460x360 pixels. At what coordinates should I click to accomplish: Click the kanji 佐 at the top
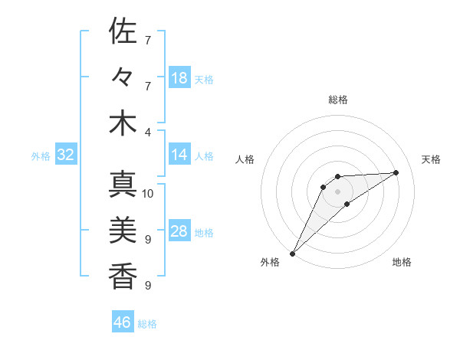click(x=123, y=32)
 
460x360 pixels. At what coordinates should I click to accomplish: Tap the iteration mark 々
click(x=123, y=77)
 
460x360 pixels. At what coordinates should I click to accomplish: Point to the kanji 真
click(x=123, y=185)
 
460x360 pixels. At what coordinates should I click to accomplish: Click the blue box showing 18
click(x=179, y=78)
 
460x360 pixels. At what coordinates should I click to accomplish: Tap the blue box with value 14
click(x=179, y=155)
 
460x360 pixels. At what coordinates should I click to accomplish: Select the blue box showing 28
click(x=179, y=231)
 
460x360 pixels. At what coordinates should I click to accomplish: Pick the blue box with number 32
click(x=65, y=155)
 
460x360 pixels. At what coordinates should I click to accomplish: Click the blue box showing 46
click(x=123, y=322)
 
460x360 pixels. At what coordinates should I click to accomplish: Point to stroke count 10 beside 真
click(x=148, y=193)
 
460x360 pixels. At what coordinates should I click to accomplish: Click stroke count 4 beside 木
click(x=148, y=131)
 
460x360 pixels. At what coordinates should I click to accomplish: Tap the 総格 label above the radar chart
click(x=338, y=100)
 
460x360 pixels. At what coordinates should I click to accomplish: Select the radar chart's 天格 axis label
click(x=431, y=159)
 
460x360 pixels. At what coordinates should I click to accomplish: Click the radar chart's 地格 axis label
click(x=402, y=262)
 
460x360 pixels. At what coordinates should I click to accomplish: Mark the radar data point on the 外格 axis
click(x=292, y=253)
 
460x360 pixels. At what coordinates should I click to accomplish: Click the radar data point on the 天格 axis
click(x=396, y=172)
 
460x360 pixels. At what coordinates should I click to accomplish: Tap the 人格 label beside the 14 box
click(x=204, y=155)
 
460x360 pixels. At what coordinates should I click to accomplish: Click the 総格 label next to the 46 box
click(x=147, y=323)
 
